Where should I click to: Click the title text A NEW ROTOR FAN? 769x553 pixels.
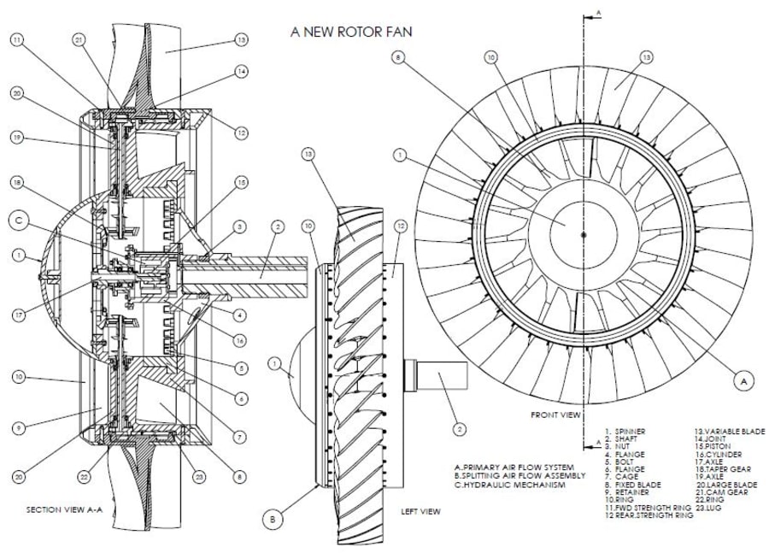(351, 32)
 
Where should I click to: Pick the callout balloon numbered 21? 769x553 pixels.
(79, 39)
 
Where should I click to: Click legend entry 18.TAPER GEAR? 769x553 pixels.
(724, 470)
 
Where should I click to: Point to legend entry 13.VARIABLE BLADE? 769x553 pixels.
(730, 431)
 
